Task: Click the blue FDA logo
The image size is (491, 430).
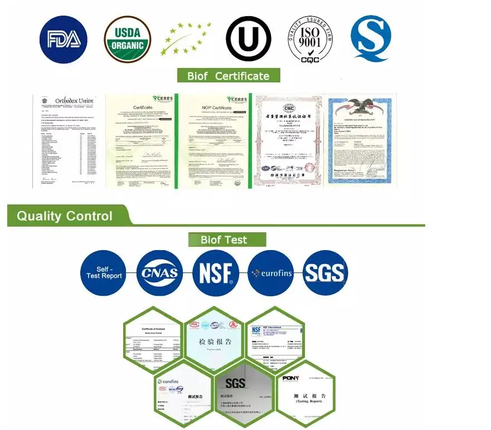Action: click(64, 38)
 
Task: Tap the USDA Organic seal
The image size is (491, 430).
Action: click(127, 38)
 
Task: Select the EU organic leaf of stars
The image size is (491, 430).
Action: click(186, 40)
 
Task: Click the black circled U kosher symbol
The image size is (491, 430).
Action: click(248, 38)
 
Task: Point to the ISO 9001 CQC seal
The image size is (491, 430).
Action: click(310, 38)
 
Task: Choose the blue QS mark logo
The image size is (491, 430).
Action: click(371, 38)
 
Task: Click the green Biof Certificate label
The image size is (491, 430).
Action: click(229, 76)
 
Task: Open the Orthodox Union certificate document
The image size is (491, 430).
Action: click(68, 141)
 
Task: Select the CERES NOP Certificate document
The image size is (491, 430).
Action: click(214, 141)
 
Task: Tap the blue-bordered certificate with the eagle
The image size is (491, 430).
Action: click(361, 141)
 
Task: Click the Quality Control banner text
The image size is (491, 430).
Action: click(65, 216)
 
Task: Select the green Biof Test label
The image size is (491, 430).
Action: click(225, 240)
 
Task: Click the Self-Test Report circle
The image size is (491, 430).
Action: click(104, 273)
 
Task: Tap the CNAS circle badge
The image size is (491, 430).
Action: click(159, 273)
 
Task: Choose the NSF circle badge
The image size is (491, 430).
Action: click(215, 273)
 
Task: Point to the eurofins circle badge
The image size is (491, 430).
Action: click(270, 273)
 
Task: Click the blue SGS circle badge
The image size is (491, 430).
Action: click(325, 273)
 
